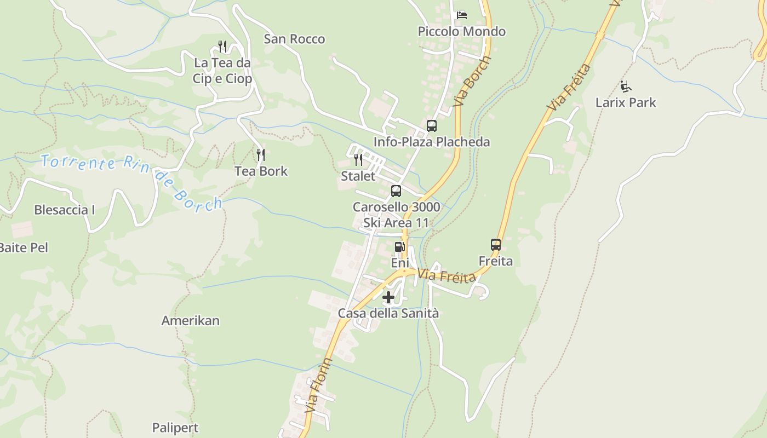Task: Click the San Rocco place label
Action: tap(294, 39)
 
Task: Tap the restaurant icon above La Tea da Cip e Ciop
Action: tap(222, 47)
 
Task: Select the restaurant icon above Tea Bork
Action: tap(261, 155)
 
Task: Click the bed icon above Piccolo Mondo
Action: tap(462, 15)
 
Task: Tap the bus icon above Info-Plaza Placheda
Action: tap(432, 126)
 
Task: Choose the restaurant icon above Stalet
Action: tap(358, 160)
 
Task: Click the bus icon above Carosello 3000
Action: tap(396, 191)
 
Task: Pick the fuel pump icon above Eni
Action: tap(399, 247)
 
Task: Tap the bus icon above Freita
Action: tap(496, 245)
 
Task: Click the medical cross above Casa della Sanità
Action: tap(388, 297)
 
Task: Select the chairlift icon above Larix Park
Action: tap(626, 87)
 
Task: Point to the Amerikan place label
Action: tap(190, 321)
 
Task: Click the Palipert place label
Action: tap(175, 428)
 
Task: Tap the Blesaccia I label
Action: tap(65, 210)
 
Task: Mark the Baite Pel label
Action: tap(23, 247)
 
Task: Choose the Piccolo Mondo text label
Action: tap(462, 32)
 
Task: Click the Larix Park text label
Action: tap(626, 102)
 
